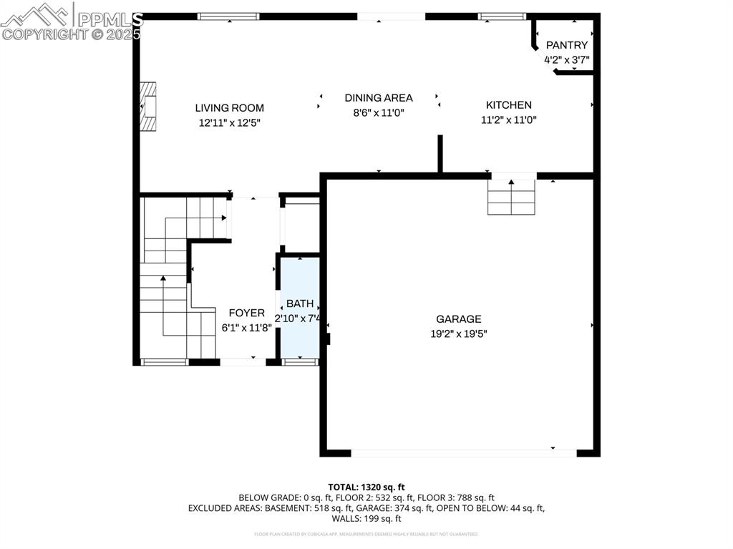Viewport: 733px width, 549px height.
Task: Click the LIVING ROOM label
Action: click(229, 108)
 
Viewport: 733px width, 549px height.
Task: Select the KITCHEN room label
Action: click(508, 105)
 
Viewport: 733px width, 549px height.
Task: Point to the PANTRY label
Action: click(566, 46)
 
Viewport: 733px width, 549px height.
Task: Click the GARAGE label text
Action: click(459, 319)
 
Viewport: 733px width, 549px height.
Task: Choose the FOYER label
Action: click(246, 314)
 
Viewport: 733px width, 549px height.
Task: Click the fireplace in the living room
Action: click(148, 107)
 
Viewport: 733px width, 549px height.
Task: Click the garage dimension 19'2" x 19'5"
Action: click(459, 334)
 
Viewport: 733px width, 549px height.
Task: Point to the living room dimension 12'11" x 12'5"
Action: click(229, 123)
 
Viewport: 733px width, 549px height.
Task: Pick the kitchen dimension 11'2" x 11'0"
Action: click(508, 120)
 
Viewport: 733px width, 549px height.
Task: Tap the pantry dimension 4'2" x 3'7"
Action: click(566, 60)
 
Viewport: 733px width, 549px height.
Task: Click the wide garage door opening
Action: click(463, 453)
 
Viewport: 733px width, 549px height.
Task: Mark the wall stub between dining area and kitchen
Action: click(440, 153)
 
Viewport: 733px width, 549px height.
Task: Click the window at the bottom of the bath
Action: click(300, 362)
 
